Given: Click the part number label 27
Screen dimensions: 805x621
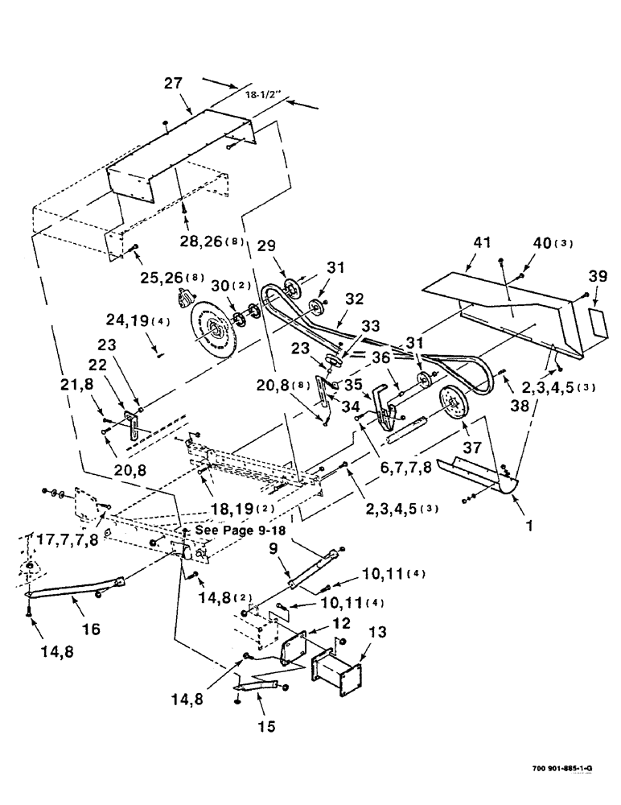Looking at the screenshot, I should tap(174, 83).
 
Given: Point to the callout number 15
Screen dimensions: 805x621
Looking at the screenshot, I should tap(266, 726).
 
